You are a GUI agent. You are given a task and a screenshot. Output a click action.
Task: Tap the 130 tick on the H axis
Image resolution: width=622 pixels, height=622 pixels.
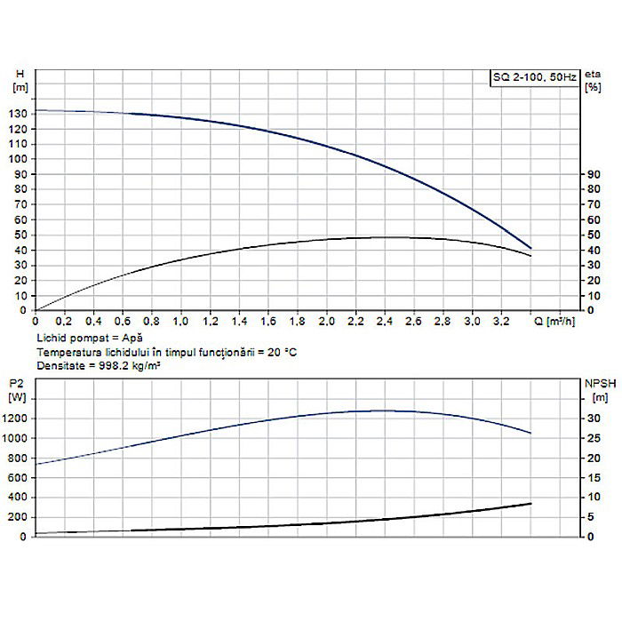19,113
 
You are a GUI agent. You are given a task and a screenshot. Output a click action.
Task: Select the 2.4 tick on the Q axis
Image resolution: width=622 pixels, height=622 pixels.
385,320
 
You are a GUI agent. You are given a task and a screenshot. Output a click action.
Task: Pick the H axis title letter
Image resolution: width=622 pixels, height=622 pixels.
20,75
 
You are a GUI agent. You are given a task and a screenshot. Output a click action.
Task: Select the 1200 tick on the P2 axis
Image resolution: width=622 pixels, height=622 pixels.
17,419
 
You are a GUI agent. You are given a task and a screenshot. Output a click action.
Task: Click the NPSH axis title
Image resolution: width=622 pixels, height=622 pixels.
594,383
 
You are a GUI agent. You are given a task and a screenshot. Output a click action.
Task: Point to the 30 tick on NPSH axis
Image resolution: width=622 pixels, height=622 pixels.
591,419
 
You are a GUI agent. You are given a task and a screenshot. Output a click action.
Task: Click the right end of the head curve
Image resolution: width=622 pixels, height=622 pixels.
531,248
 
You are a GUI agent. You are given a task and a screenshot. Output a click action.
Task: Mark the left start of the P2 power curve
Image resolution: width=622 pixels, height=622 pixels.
36,464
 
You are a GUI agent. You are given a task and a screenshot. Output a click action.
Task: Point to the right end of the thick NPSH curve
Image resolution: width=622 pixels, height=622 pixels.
530,504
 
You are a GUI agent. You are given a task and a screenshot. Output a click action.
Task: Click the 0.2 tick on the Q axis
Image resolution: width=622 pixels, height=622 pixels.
64,320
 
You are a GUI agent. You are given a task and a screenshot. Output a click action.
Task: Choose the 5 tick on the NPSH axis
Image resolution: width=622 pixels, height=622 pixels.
588,517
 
